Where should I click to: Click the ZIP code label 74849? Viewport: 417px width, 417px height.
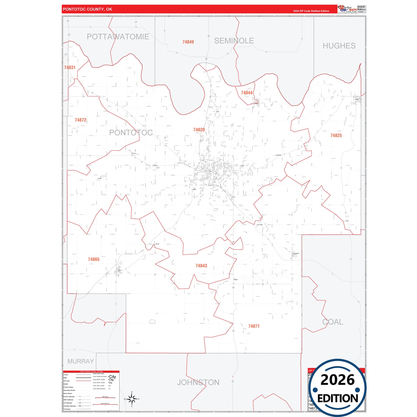188,42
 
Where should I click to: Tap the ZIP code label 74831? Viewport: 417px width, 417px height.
70,68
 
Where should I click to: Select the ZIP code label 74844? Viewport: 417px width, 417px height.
247,93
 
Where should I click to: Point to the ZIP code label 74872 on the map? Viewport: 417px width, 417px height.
80,120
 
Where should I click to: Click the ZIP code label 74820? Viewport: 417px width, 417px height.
199,130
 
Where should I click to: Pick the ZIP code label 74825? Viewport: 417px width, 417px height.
336,135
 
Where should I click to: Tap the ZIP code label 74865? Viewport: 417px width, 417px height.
94,259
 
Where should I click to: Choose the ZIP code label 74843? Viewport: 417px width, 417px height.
201,266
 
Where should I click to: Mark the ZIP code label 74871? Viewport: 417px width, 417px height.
254,326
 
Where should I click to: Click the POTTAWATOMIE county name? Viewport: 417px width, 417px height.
118,37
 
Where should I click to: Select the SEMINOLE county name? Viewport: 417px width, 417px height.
234,41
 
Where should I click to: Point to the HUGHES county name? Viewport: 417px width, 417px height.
339,46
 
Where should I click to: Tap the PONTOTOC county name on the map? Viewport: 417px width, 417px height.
131,132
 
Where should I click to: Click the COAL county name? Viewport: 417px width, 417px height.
332,322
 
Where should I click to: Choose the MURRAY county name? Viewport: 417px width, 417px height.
81,361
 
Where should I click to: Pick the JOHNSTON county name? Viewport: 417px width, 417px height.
198,382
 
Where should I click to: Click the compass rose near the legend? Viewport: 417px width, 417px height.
132,399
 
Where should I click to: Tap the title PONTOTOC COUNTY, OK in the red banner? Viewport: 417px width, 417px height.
87,9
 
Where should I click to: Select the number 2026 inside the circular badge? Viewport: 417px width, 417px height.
337,380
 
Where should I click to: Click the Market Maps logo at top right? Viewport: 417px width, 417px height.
347,9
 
